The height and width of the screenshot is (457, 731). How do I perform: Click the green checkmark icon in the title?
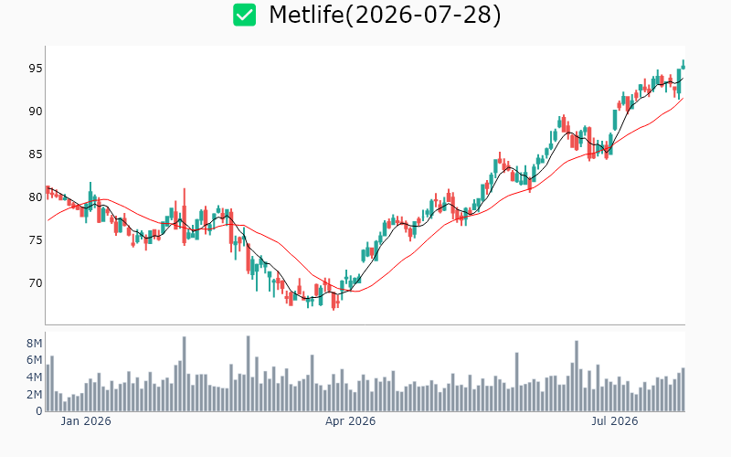click(x=244, y=15)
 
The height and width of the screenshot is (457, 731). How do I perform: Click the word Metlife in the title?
click(x=306, y=15)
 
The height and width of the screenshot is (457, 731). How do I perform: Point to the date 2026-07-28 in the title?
click(x=422, y=15)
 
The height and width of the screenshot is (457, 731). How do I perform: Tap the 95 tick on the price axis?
click(x=36, y=69)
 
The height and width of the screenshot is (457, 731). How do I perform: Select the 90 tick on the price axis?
click(x=36, y=112)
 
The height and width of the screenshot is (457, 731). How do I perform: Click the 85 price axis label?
click(x=36, y=154)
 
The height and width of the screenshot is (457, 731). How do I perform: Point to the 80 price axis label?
click(x=36, y=197)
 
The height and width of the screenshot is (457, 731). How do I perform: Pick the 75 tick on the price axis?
click(x=36, y=240)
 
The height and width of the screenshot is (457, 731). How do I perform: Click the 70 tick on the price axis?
click(x=36, y=283)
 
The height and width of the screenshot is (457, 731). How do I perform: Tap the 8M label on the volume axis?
click(x=34, y=344)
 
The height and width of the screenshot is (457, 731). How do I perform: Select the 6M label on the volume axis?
click(x=34, y=360)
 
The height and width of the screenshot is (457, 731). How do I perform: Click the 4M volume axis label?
click(x=34, y=377)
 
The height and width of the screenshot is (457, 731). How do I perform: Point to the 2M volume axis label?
click(x=34, y=395)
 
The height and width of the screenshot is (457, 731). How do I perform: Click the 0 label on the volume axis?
click(x=38, y=411)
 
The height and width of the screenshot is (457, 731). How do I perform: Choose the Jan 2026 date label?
click(x=86, y=421)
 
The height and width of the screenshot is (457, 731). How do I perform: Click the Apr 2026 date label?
click(x=350, y=421)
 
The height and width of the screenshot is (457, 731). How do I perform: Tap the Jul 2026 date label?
click(x=614, y=421)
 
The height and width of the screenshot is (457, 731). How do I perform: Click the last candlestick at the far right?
click(x=683, y=65)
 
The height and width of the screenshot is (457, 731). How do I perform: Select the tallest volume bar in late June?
click(x=577, y=376)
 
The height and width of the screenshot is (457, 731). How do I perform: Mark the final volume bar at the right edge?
click(x=683, y=389)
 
